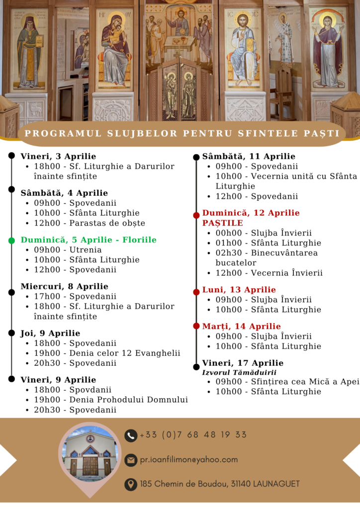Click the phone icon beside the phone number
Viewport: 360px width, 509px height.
point(130,435)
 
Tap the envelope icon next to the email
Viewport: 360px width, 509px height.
point(130,460)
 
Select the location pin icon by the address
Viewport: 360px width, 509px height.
point(130,484)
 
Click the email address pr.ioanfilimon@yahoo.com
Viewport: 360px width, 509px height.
point(189,460)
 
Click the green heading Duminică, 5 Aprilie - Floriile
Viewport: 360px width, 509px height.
point(89,240)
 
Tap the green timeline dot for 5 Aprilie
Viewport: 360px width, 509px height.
point(11,241)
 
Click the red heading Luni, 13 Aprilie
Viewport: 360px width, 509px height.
point(239,290)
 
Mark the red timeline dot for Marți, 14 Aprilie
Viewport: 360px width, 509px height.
point(196,327)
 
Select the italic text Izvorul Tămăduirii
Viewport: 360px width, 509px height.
point(239,372)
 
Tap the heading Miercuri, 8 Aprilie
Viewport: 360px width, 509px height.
point(64,286)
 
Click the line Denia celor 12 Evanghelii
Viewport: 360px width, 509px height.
point(124,353)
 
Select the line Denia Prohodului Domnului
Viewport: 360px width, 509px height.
point(128,400)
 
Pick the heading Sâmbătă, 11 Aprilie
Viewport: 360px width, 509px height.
point(248,157)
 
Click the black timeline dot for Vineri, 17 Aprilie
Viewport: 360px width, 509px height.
point(196,367)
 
